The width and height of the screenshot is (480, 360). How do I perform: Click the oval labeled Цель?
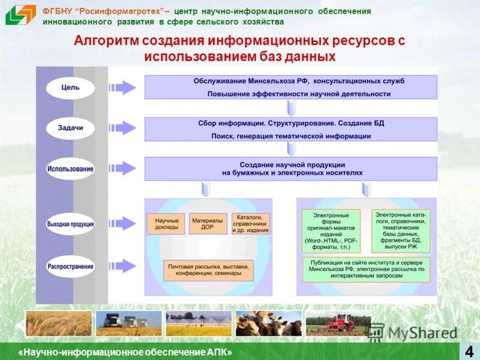pyautogui.click(x=70, y=88)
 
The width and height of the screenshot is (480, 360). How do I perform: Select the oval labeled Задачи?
pyautogui.click(x=70, y=128)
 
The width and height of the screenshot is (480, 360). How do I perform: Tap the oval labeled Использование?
pyautogui.click(x=70, y=169)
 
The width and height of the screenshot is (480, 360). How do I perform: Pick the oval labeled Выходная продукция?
pyautogui.click(x=70, y=224)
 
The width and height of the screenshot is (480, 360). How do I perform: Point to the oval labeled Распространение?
pyautogui.click(x=70, y=266)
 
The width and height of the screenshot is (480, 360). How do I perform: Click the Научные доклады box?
pyautogui.click(x=166, y=224)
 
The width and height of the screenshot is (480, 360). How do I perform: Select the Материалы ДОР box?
pyautogui.click(x=208, y=224)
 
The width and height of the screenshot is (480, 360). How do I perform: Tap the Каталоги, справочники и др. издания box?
pyautogui.click(x=250, y=224)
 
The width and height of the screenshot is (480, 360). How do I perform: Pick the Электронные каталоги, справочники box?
pyautogui.click(x=400, y=230)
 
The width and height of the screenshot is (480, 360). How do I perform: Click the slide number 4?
pyautogui.click(x=468, y=350)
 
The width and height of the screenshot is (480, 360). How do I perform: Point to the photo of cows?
pyautogui.click(x=268, y=323)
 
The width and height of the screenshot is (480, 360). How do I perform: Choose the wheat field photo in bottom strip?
pyautogui.click(x=58, y=323)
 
